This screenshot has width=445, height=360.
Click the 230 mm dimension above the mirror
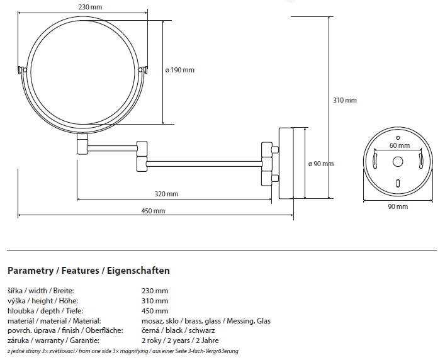(x=91, y=7)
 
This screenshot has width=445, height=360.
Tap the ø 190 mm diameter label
(x=180, y=70)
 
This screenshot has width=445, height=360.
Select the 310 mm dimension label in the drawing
(x=344, y=100)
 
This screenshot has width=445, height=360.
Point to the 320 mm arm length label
(x=166, y=193)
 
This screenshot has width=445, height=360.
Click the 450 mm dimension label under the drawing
(x=154, y=210)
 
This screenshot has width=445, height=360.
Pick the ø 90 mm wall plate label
(x=320, y=164)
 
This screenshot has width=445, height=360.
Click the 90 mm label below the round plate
(x=397, y=206)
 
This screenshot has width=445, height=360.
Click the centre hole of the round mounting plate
(x=398, y=162)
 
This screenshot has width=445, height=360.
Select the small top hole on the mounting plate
(x=398, y=137)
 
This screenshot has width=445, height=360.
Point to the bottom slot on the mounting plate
(x=398, y=184)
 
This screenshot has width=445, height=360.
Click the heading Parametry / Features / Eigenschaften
(x=88, y=271)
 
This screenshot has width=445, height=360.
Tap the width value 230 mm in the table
(x=155, y=291)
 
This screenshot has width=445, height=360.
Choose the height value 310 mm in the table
(x=155, y=301)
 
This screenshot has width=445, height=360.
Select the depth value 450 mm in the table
(x=155, y=311)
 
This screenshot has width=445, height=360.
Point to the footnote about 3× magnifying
(x=123, y=351)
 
